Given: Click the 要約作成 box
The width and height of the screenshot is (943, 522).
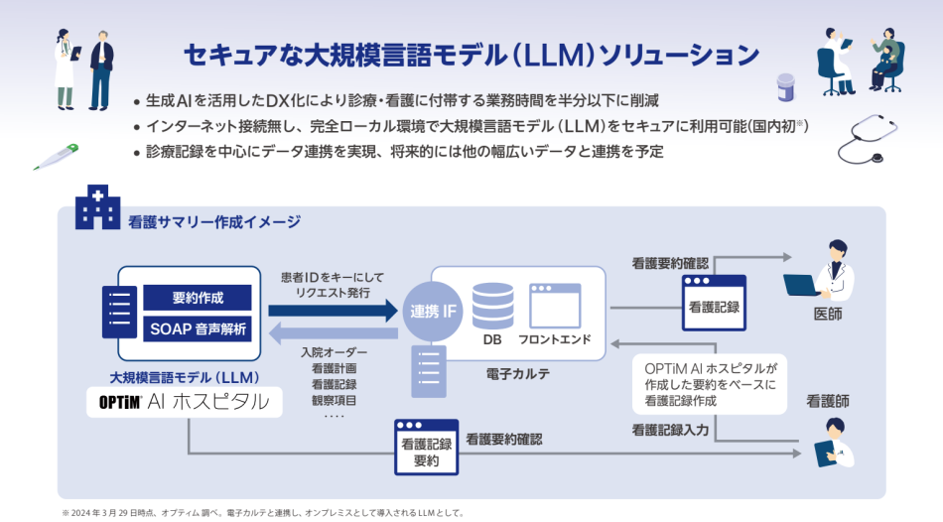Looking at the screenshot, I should point(198,297).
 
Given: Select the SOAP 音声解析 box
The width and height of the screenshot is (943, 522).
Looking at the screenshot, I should point(198,328).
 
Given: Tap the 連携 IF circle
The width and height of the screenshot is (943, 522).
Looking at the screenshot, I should point(434,312).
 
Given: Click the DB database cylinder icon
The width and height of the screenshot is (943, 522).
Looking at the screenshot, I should point(492,305).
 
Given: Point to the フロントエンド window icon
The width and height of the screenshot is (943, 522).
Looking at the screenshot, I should point(554,306).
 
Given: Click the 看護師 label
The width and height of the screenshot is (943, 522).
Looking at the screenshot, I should point(828,402).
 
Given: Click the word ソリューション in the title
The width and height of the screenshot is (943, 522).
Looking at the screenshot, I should point(675,53).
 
